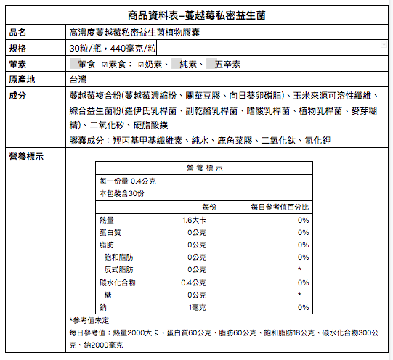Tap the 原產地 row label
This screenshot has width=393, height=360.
pos(23,79)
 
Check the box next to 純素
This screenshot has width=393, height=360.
pos(175,64)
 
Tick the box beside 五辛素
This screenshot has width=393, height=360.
pos(210,64)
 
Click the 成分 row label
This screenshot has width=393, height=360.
pos(19,95)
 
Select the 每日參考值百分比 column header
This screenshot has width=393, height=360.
pos(280,207)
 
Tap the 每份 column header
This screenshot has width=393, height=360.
pos(209,207)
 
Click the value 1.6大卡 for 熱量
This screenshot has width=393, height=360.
pos(195,220)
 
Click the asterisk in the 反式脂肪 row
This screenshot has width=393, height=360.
pos(299,270)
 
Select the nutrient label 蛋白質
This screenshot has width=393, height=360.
pos(110,232)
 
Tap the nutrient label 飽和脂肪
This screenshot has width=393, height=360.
pos(119,257)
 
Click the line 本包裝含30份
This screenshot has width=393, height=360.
pos(122,194)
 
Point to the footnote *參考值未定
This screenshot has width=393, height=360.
pos(89,320)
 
